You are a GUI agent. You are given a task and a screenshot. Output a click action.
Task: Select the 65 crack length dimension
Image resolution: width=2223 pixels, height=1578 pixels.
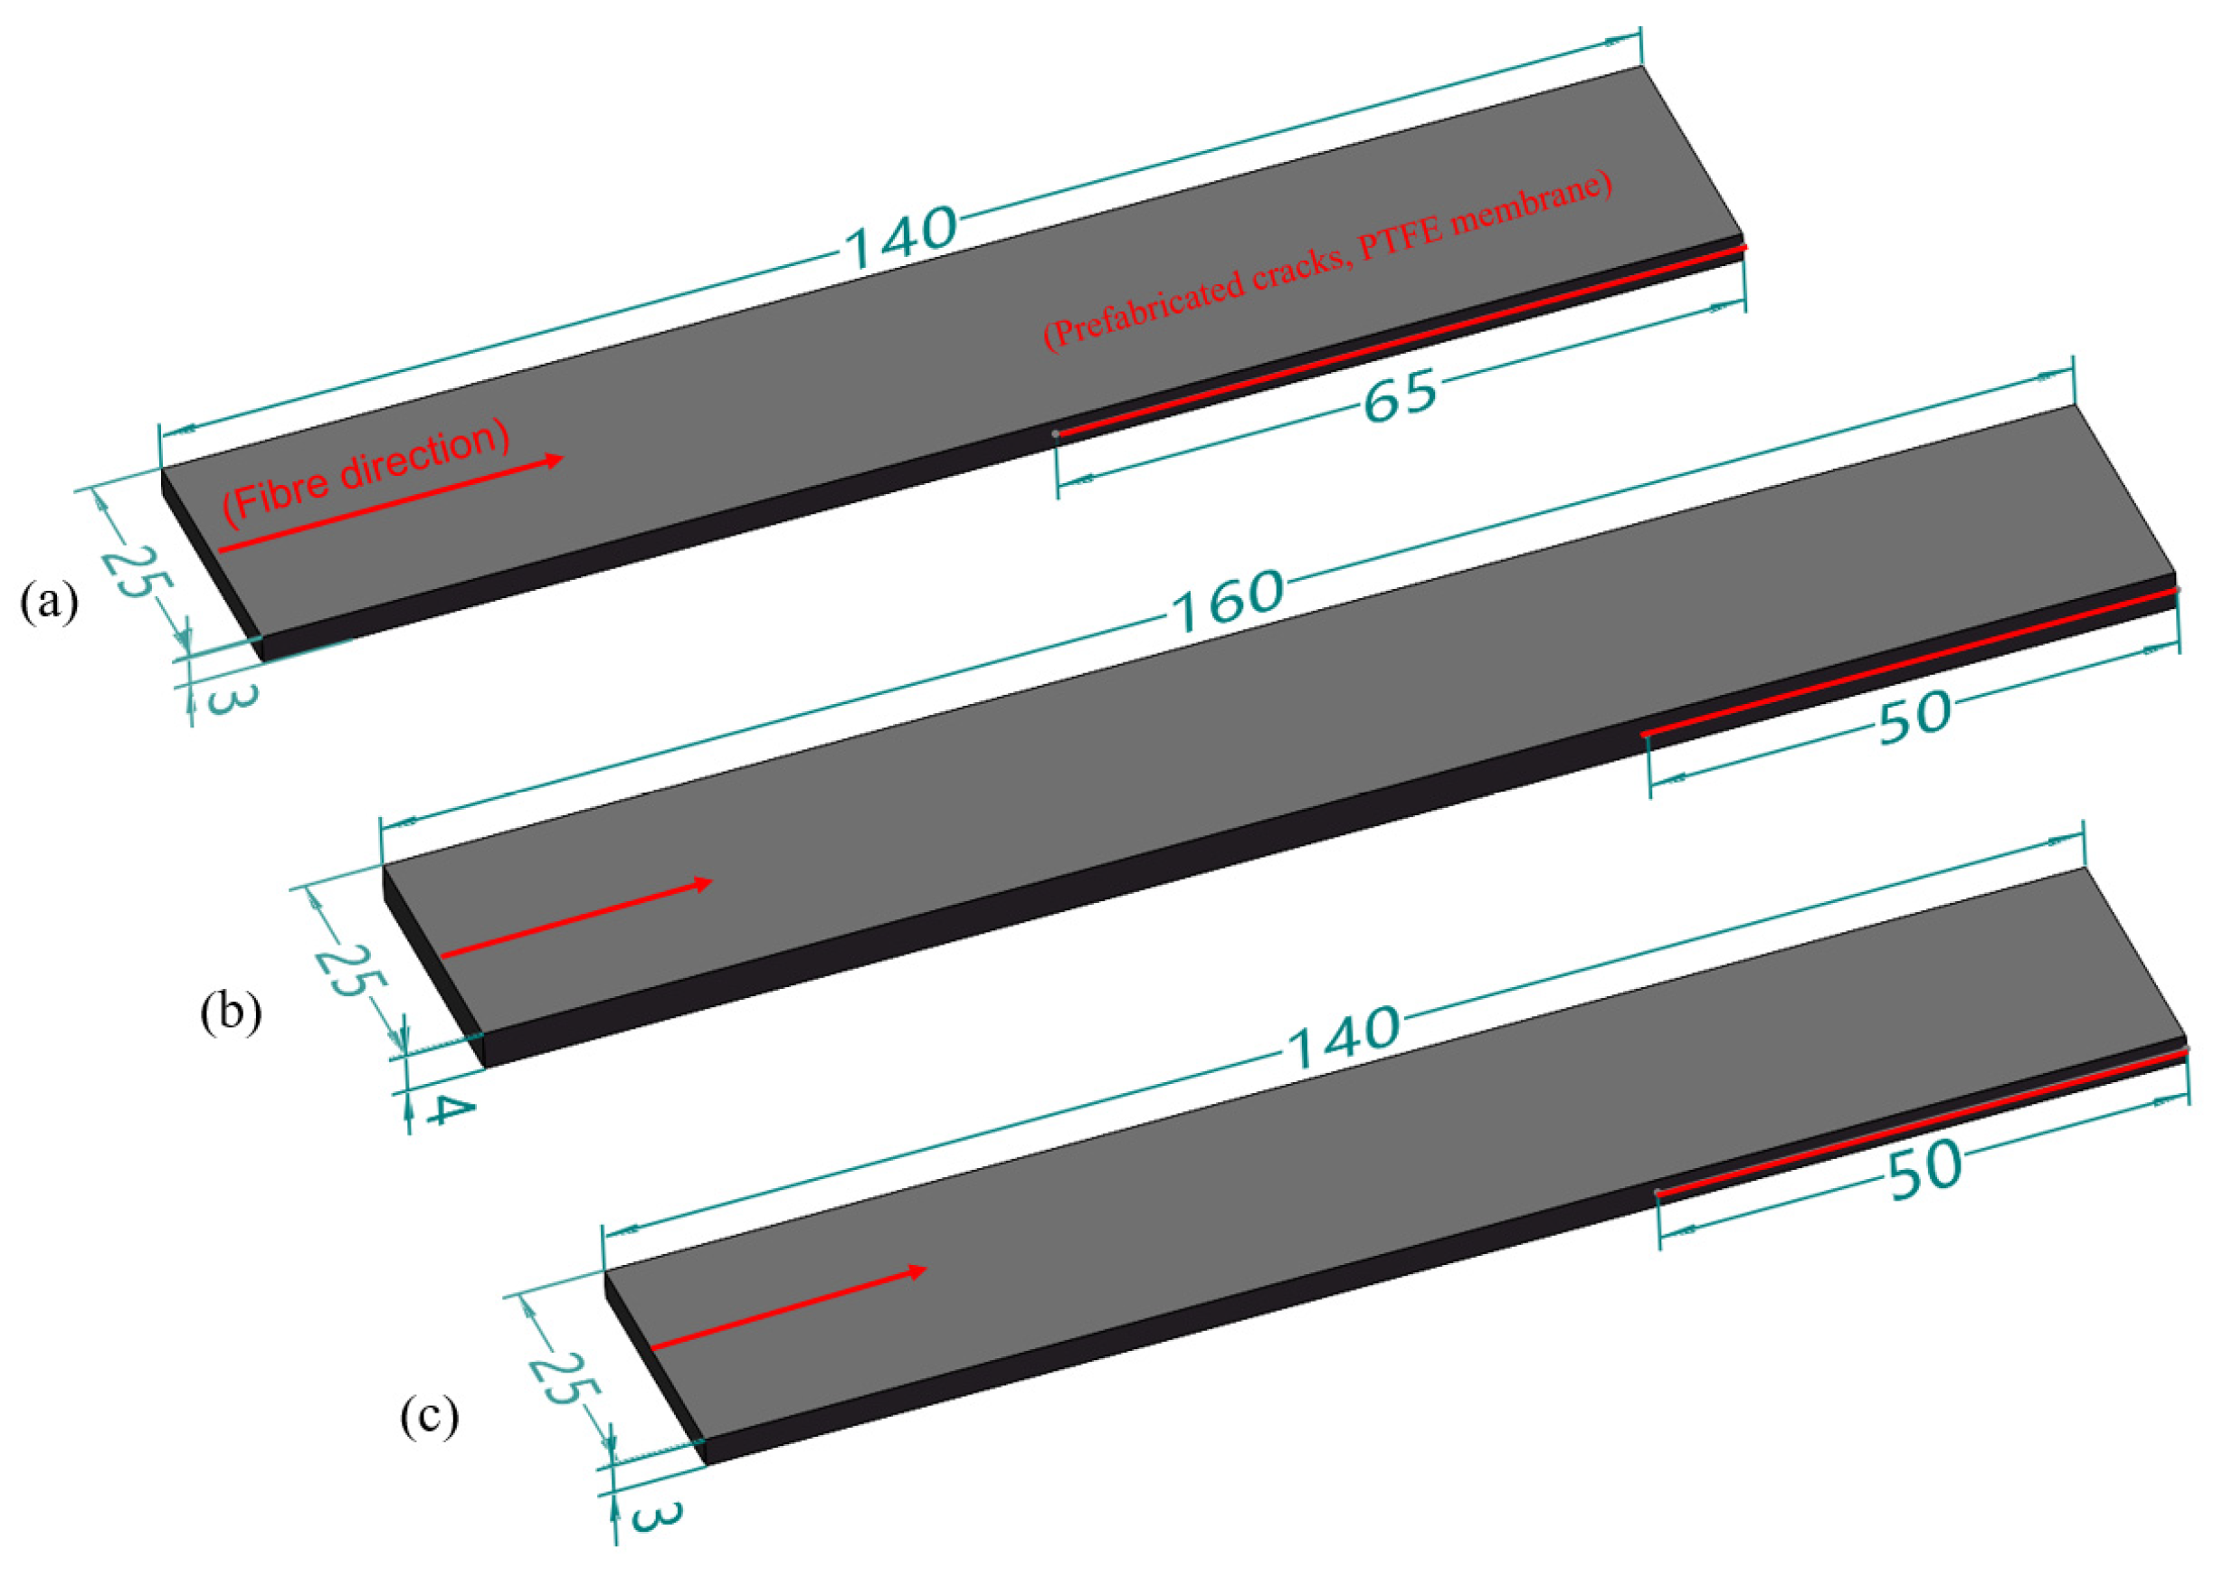1399,396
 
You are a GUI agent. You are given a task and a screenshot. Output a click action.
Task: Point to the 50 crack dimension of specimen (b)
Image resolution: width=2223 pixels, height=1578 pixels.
1913,718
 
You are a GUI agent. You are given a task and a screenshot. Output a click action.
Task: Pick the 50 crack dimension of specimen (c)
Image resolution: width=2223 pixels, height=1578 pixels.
1924,1168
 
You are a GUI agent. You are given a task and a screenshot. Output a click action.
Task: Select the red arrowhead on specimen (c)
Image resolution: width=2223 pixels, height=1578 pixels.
917,1271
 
